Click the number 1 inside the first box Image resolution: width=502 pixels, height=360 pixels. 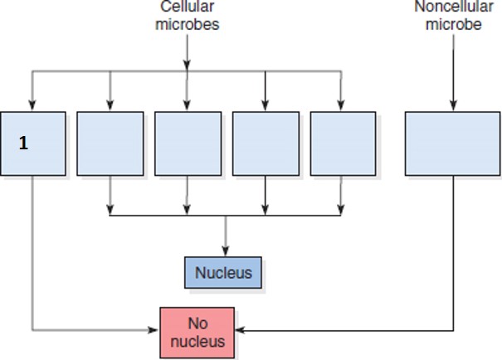click(x=23, y=144)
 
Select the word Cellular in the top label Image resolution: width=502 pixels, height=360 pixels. click(x=187, y=7)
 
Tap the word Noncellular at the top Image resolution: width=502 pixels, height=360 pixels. click(x=453, y=7)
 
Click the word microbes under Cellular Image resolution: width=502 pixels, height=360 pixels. click(x=187, y=24)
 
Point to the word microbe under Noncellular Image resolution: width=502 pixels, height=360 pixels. click(x=453, y=24)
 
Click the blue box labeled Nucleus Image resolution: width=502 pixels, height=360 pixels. click(x=223, y=273)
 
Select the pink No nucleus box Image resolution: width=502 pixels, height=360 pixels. click(x=197, y=332)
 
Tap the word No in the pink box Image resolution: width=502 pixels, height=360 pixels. click(x=197, y=323)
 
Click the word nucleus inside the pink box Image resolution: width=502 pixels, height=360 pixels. click(x=197, y=340)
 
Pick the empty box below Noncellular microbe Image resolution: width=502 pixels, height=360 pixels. click(x=453, y=143)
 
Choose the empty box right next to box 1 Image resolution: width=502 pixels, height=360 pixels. click(x=110, y=143)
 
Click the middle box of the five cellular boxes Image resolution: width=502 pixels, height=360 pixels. click(x=188, y=143)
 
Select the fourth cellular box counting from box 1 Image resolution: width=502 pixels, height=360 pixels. click(x=266, y=143)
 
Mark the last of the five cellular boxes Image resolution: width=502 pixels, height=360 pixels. click(x=343, y=143)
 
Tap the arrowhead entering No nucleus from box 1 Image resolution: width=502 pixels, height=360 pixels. click(x=154, y=331)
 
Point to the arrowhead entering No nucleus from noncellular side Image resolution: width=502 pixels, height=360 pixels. click(x=240, y=331)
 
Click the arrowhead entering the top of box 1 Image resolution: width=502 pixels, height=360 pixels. click(x=32, y=105)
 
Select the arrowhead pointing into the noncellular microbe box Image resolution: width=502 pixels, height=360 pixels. click(x=453, y=105)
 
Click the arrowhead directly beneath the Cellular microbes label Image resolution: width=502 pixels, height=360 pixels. click(x=188, y=65)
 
